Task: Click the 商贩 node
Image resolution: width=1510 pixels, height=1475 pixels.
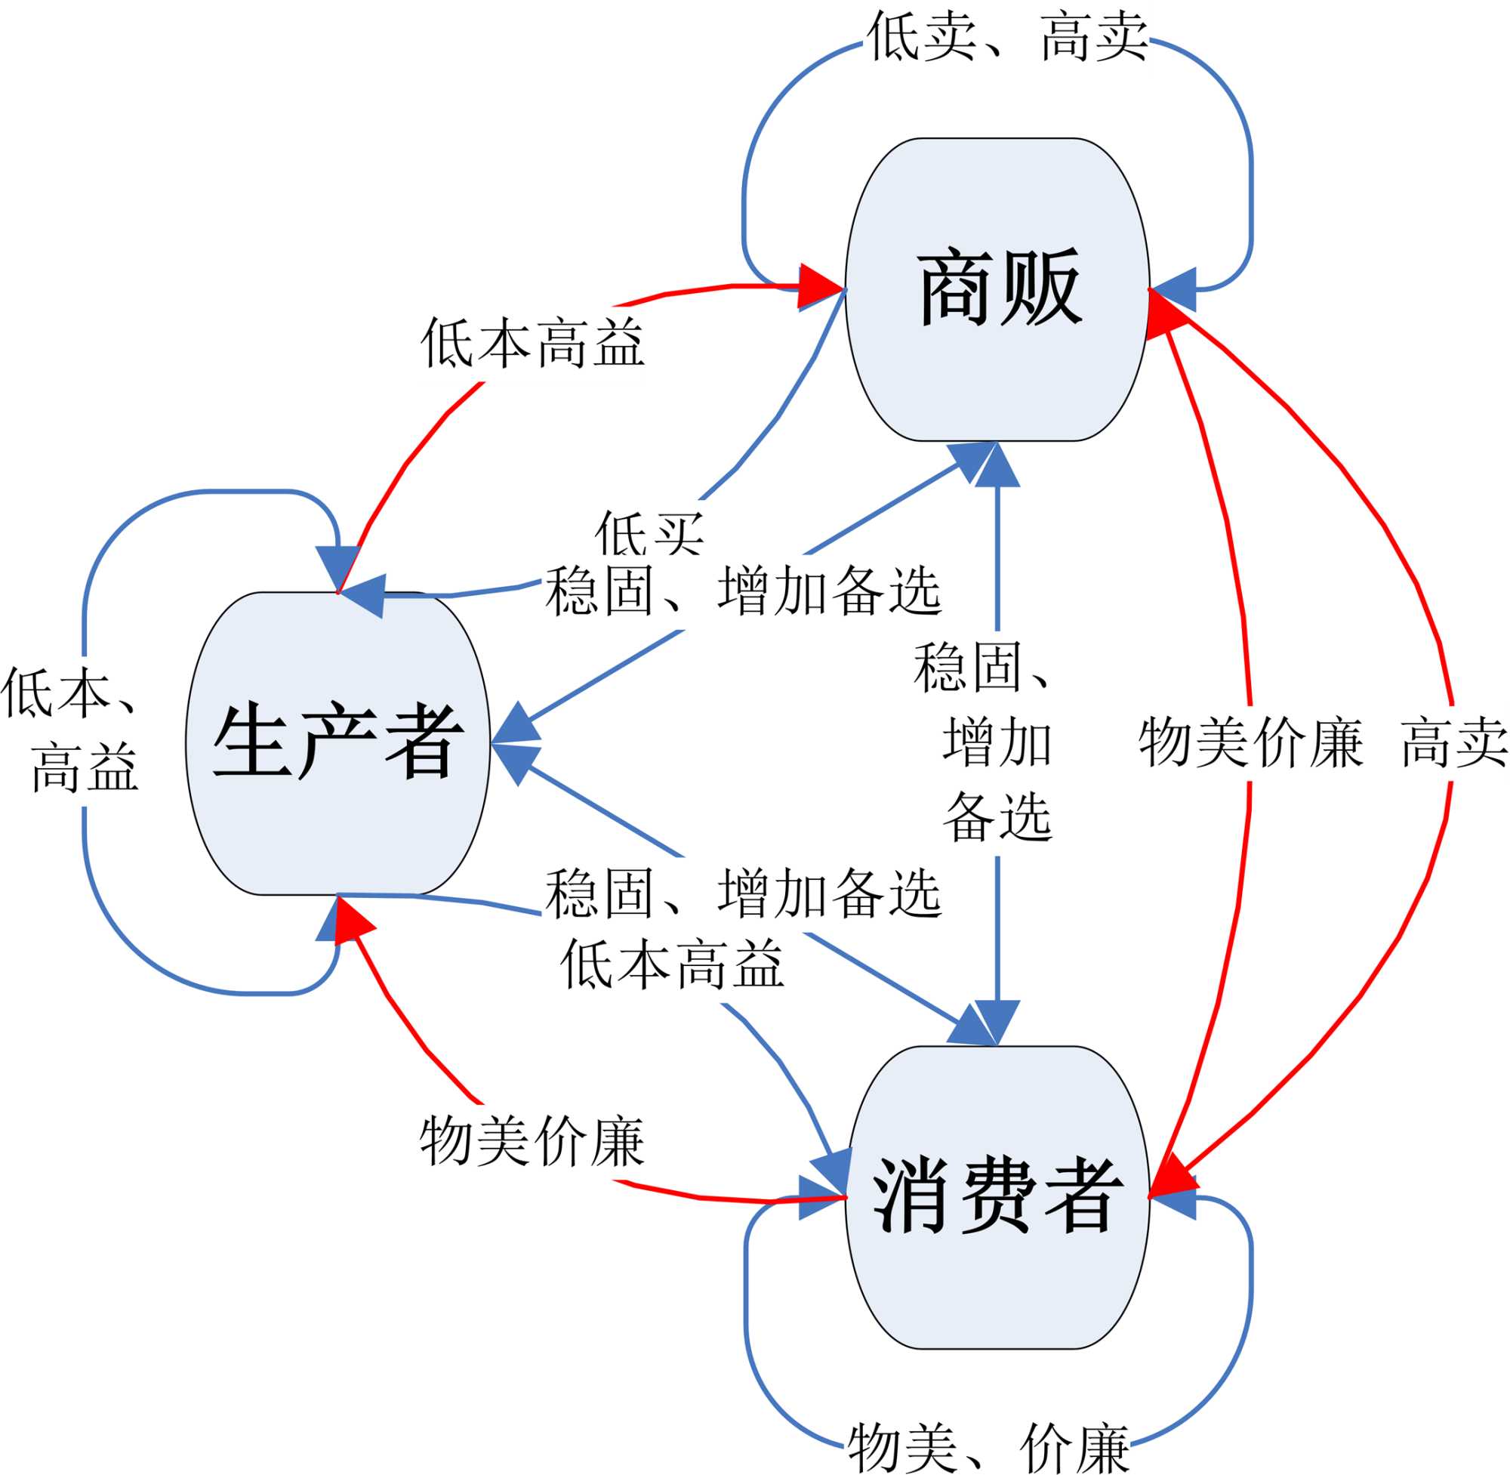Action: (x=997, y=289)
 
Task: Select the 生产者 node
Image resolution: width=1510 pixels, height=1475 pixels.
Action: (x=337, y=743)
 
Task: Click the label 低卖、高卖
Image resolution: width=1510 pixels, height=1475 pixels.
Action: (x=1006, y=37)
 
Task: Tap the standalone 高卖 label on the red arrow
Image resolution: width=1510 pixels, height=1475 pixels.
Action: (x=1454, y=742)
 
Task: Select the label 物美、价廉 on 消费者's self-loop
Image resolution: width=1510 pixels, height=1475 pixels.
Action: (x=989, y=1447)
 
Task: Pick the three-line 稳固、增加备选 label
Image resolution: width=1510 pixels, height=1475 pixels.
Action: (x=997, y=742)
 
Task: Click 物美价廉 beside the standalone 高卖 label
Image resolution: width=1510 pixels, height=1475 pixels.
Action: (x=1250, y=742)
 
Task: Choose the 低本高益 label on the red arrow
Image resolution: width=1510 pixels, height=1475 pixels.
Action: (x=533, y=342)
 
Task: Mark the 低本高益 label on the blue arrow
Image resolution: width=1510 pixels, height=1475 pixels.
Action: (x=672, y=964)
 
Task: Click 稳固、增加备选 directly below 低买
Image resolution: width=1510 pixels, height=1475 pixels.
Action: (x=744, y=591)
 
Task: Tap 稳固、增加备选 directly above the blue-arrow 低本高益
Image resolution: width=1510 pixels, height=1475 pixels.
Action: (x=744, y=893)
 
